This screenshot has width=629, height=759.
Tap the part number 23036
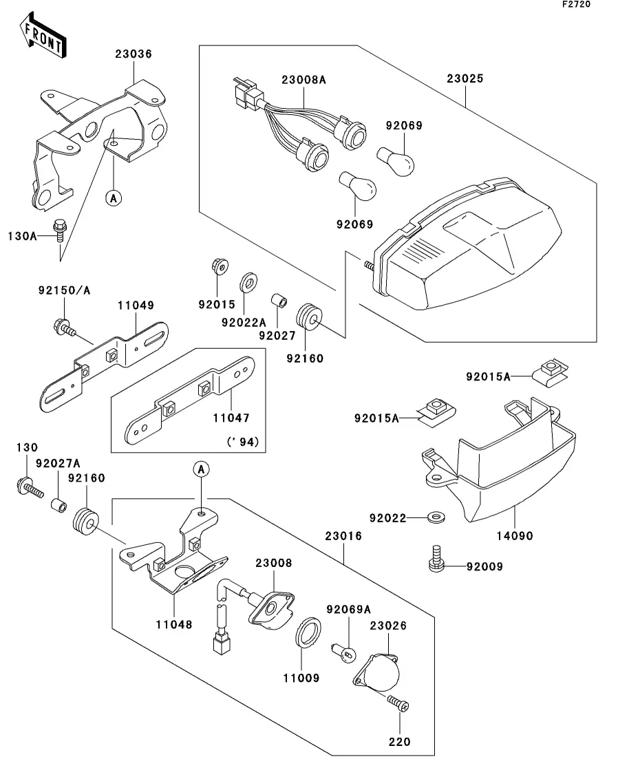point(133,54)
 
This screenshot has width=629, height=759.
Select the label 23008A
point(303,80)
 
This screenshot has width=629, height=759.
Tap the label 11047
point(231,417)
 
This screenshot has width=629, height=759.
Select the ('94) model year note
point(241,442)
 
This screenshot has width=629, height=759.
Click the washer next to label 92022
point(434,516)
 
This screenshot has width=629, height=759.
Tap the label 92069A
point(348,609)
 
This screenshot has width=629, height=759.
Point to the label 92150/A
point(64,291)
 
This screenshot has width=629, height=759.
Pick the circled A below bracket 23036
point(114,198)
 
